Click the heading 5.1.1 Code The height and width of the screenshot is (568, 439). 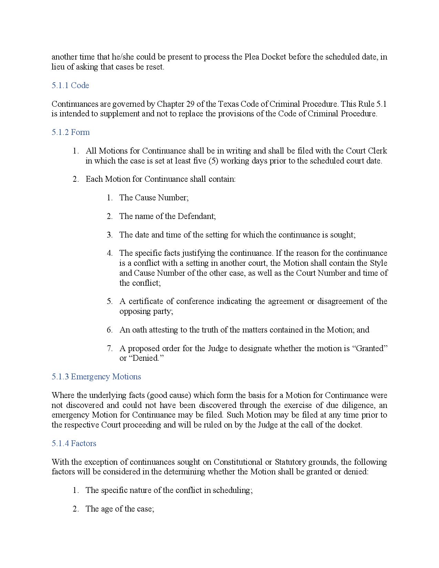click(70, 85)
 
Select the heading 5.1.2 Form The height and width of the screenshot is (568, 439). click(71, 132)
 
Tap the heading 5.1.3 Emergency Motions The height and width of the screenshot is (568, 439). click(96, 377)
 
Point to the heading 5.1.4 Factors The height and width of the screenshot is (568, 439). click(74, 443)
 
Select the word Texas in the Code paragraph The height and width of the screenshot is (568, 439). click(228, 104)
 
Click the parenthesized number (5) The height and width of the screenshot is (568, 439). click(213, 161)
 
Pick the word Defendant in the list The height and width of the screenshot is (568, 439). click(197, 216)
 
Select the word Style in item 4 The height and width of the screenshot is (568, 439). click(378, 263)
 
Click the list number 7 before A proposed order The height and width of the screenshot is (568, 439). click(109, 348)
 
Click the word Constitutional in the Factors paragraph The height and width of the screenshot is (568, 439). click(238, 462)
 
